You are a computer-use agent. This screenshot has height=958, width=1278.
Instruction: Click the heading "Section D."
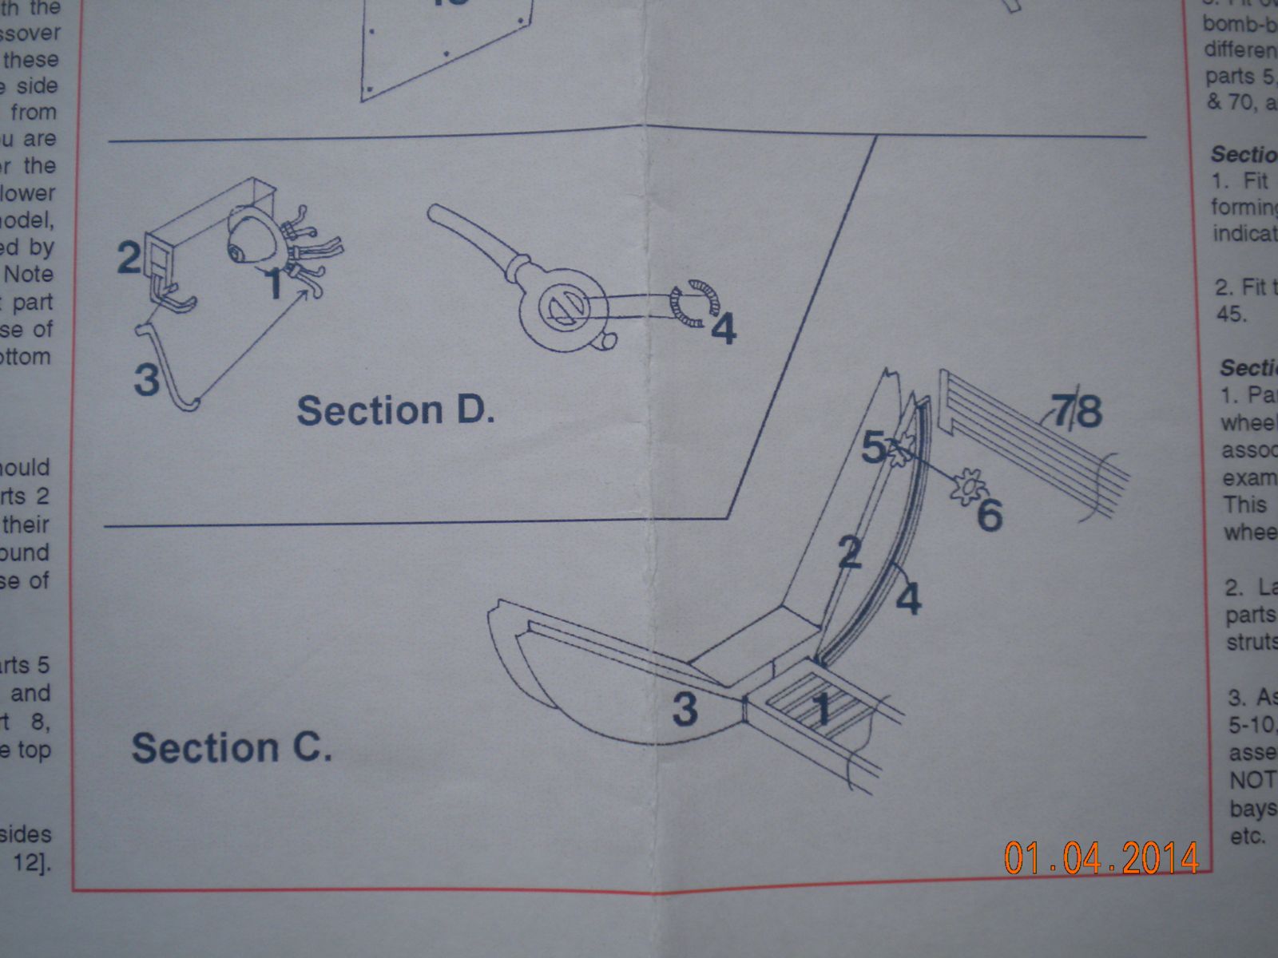[395, 411]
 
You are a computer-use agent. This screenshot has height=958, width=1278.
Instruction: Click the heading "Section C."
[232, 748]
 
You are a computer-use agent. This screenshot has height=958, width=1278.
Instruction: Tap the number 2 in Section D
[129, 257]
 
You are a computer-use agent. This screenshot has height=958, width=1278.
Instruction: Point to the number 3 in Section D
[147, 379]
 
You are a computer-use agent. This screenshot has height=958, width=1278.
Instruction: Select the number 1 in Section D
[274, 284]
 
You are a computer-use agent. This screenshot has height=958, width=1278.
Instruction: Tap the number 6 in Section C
[990, 515]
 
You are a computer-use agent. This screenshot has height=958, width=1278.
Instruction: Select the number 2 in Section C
[851, 552]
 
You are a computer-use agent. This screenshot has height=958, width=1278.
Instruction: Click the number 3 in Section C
[685, 708]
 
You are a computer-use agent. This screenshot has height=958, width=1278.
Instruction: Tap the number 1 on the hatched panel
[823, 707]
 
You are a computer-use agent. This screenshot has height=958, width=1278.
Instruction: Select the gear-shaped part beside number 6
[964, 485]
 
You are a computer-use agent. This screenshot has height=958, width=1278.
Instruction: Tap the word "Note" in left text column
[29, 274]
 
